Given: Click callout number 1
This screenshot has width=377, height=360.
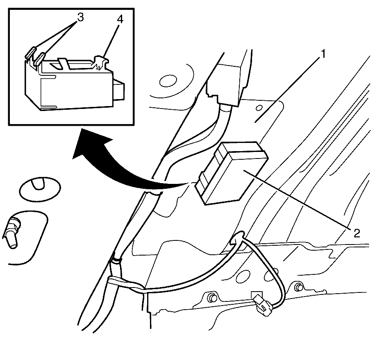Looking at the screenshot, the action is [x=323, y=54].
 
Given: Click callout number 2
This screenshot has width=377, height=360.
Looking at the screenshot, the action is [x=357, y=233].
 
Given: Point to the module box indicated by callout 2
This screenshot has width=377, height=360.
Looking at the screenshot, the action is [x=232, y=173].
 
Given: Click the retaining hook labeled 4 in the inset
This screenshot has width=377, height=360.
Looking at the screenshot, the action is [x=101, y=63].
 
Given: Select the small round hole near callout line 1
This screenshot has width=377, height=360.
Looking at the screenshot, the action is [x=259, y=108].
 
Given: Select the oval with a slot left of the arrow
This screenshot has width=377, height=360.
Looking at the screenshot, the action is [x=40, y=189].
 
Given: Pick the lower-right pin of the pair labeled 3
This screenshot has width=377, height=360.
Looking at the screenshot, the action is [x=39, y=59].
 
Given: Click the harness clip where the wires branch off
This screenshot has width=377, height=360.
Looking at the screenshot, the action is [x=116, y=267].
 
